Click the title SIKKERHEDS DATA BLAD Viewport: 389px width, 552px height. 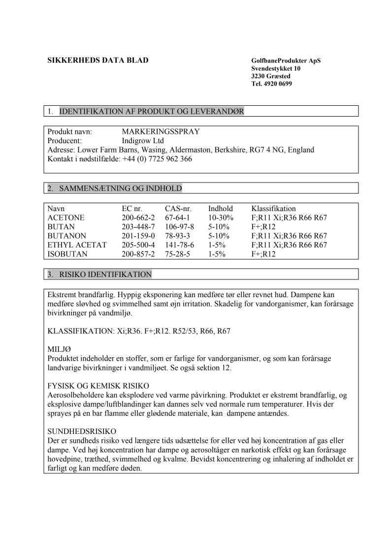click(x=97, y=61)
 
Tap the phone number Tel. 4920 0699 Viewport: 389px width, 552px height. click(x=271, y=84)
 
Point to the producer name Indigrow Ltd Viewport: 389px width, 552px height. click(x=143, y=141)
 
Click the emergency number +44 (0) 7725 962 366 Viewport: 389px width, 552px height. click(x=157, y=159)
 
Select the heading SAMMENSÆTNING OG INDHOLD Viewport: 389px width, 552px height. click(x=121, y=188)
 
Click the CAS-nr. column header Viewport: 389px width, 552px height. click(x=178, y=209)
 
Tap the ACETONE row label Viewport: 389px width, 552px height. click(x=66, y=217)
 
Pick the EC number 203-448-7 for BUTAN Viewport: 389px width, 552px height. click(x=138, y=227)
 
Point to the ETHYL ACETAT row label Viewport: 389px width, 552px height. click(x=77, y=245)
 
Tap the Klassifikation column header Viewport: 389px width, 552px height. click(x=274, y=209)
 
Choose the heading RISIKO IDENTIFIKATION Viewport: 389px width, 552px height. click(x=105, y=275)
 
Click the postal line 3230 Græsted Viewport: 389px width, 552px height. click(x=271, y=76)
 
